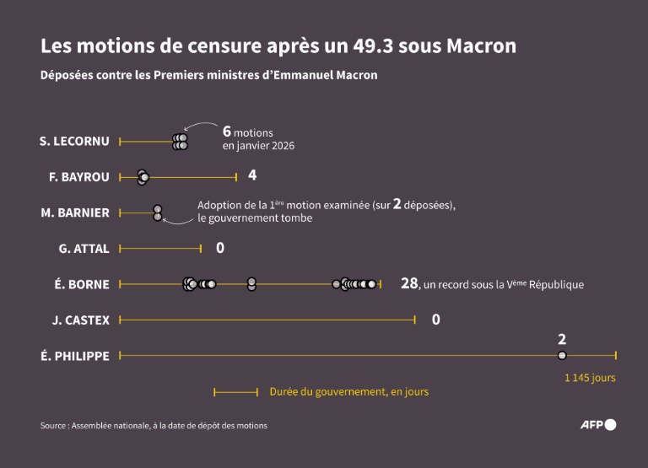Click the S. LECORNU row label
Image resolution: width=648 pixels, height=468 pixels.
(74, 141)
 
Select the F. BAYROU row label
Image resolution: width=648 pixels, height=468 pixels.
(79, 177)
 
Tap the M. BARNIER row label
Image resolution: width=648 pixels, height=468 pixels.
(75, 212)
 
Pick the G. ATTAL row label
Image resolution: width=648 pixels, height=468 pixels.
(84, 249)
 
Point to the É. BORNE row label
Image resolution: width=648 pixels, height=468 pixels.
(82, 284)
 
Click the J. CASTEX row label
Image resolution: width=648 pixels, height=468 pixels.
(81, 320)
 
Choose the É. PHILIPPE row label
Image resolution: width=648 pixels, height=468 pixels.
(75, 356)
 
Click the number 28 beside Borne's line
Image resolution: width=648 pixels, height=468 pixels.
(409, 283)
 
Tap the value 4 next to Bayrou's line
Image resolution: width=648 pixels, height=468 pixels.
(252, 175)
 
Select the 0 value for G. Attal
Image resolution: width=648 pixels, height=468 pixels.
(220, 248)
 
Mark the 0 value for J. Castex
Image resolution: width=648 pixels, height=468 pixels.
(436, 320)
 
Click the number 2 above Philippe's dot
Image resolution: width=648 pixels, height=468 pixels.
(562, 340)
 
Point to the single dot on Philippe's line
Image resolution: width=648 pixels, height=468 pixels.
(562, 356)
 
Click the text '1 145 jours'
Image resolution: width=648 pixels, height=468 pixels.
(590, 378)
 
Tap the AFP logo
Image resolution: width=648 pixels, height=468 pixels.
(598, 424)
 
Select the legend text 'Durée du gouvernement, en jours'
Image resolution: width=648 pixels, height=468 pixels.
(348, 392)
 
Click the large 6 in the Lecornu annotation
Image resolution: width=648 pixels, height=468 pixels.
(226, 131)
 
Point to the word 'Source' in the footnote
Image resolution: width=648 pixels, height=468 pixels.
(55, 426)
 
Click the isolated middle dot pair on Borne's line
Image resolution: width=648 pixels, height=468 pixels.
(251, 284)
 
